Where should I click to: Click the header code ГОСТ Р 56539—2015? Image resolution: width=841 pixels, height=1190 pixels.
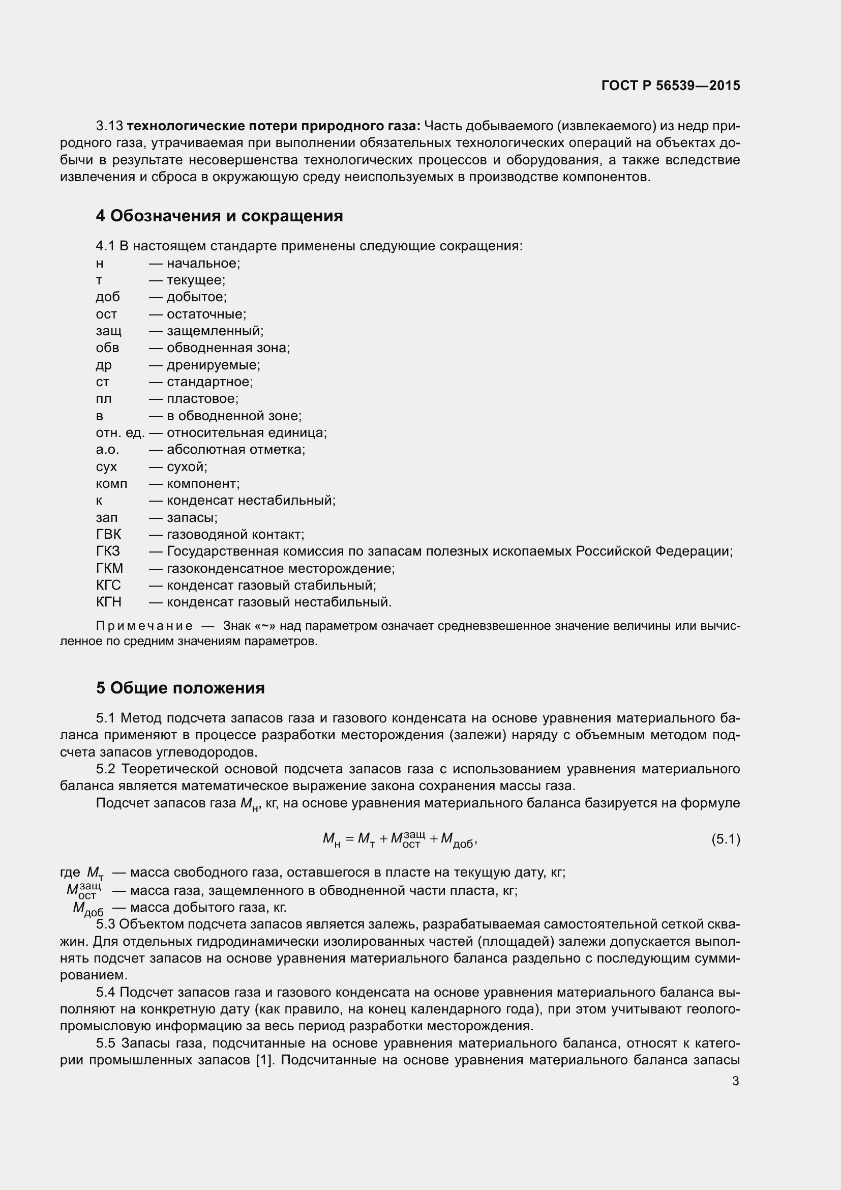pyautogui.click(x=671, y=85)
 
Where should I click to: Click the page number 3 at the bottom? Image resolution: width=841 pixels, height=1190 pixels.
pyautogui.click(x=735, y=1081)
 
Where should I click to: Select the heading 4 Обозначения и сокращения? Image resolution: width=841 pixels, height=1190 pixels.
pyautogui.click(x=219, y=216)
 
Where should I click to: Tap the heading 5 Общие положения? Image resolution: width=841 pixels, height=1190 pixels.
pyautogui.click(x=180, y=688)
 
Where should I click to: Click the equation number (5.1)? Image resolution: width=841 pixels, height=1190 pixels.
pyautogui.click(x=726, y=839)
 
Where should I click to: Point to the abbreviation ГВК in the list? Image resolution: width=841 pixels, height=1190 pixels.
pyautogui.click(x=108, y=534)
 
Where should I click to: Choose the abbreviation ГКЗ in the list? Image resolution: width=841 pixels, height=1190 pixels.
pyautogui.click(x=108, y=551)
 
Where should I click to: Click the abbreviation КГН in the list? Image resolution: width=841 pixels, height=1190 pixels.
pyautogui.click(x=108, y=602)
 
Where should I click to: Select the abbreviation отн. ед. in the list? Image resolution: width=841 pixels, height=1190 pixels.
pyautogui.click(x=120, y=432)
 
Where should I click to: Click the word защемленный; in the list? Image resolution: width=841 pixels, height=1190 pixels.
pyautogui.click(x=215, y=331)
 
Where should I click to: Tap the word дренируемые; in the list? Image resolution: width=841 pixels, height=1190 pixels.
pyautogui.click(x=214, y=365)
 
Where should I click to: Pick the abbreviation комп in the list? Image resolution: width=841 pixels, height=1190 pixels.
pyautogui.click(x=111, y=483)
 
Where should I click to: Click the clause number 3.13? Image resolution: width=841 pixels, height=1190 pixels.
pyautogui.click(x=109, y=126)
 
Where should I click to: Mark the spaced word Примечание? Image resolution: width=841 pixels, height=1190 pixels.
pyautogui.click(x=144, y=626)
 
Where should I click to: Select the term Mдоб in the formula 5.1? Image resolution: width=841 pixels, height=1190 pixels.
pyautogui.click(x=457, y=840)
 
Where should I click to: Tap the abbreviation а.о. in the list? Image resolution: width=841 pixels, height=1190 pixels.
pyautogui.click(x=107, y=449)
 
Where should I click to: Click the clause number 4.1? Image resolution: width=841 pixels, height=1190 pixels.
pyautogui.click(x=106, y=246)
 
